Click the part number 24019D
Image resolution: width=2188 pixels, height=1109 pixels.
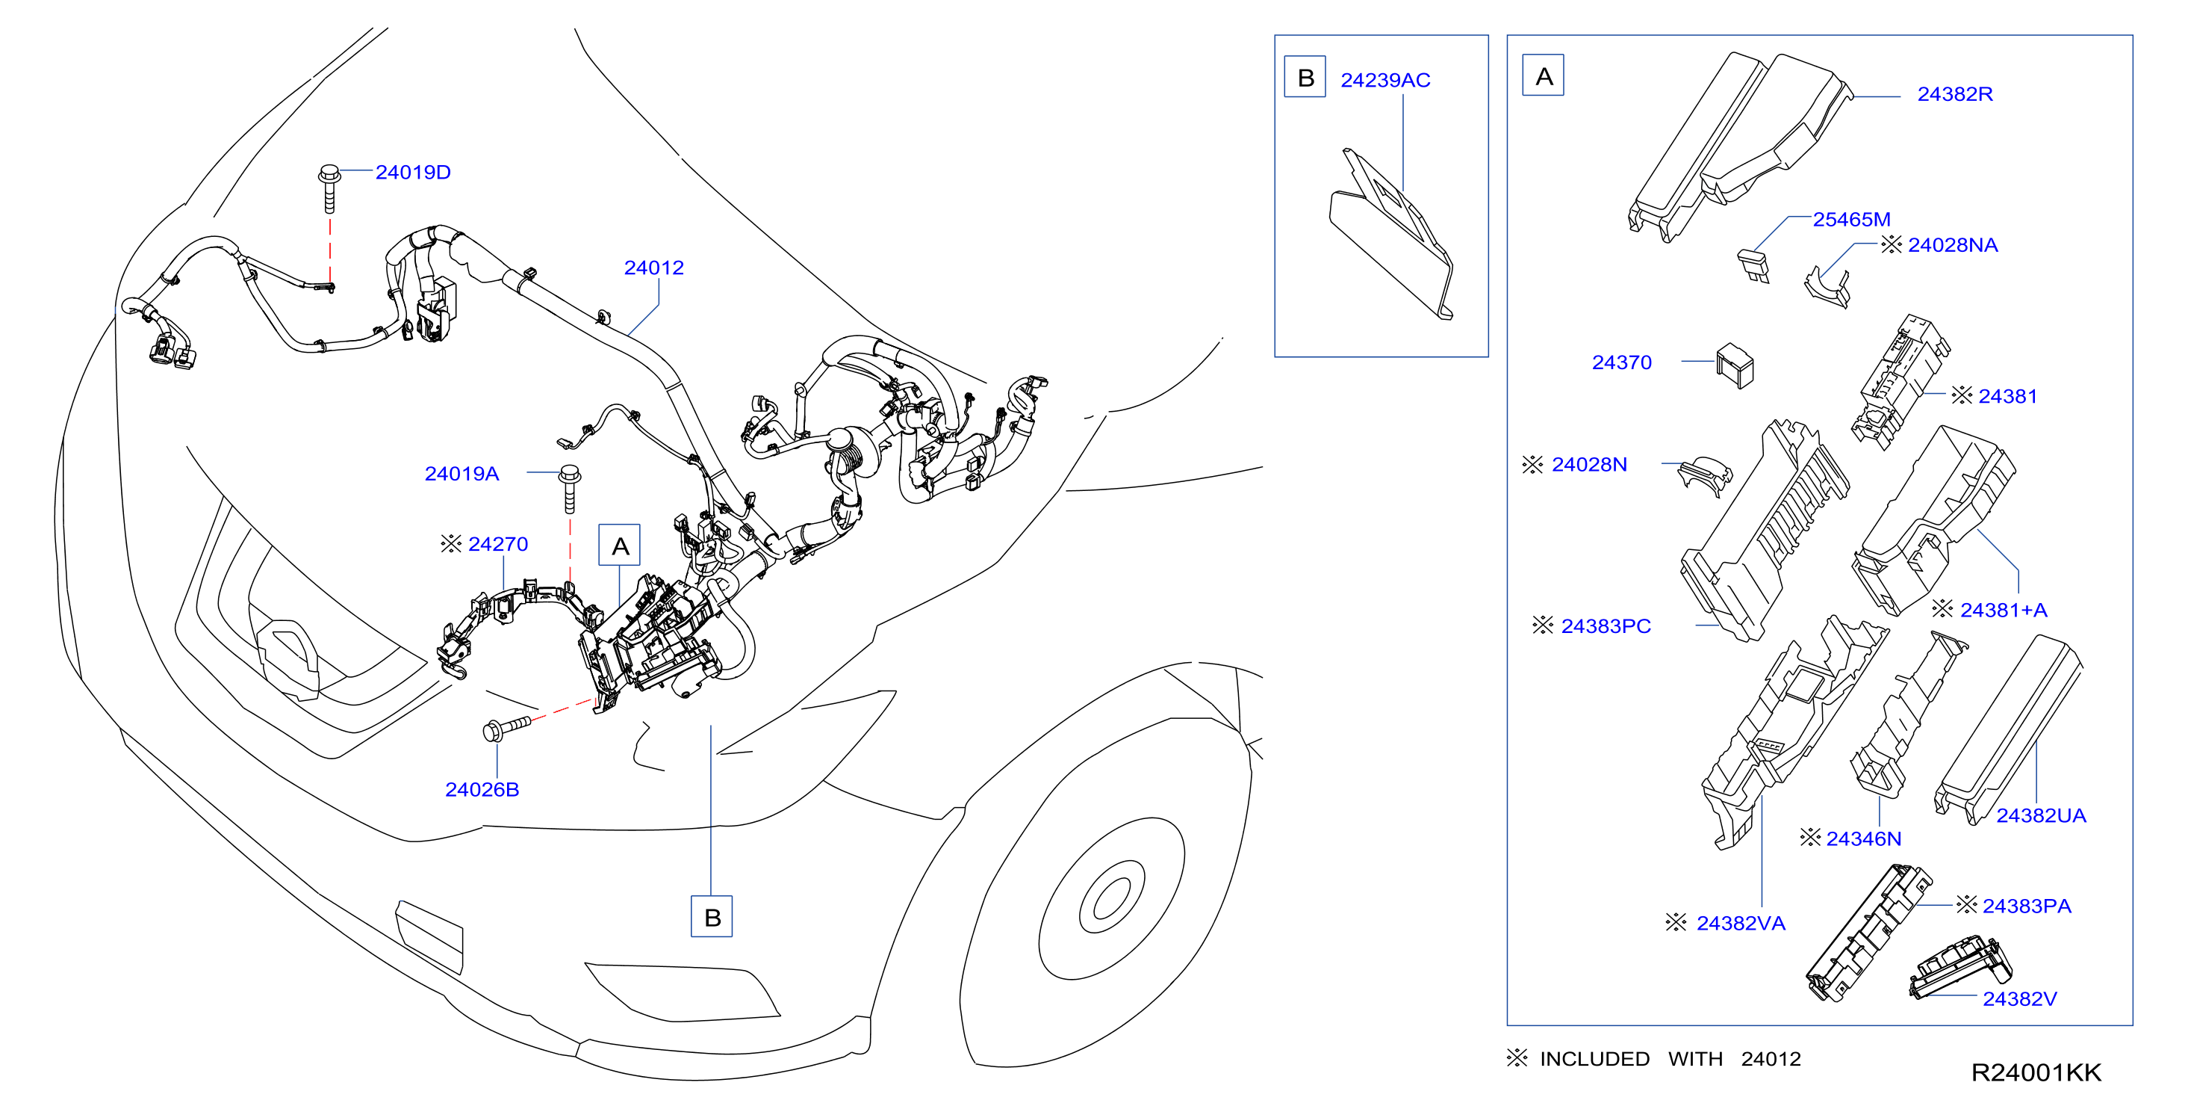413,173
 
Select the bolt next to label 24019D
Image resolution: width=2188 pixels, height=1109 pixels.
329,188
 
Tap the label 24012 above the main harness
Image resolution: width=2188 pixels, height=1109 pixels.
654,268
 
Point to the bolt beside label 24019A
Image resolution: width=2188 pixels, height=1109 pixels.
570,489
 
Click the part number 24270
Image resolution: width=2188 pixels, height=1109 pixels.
498,544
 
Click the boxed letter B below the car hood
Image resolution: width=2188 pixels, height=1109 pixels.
712,916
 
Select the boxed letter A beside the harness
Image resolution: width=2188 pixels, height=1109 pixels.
620,546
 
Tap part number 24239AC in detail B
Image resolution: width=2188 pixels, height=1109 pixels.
1385,80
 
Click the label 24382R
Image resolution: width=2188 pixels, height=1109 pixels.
1955,94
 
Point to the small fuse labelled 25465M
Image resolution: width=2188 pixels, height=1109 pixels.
1753,266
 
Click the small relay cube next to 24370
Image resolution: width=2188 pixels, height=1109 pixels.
1735,365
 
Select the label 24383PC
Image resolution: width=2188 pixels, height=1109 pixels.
1606,625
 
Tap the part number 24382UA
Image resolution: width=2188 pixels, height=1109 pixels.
2041,815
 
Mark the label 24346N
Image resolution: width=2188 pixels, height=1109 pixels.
1864,838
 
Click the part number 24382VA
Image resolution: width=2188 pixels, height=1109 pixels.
1741,923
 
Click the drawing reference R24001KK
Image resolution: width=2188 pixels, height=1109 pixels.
2036,1072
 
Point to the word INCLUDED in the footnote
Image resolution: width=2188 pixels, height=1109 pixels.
1594,1059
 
